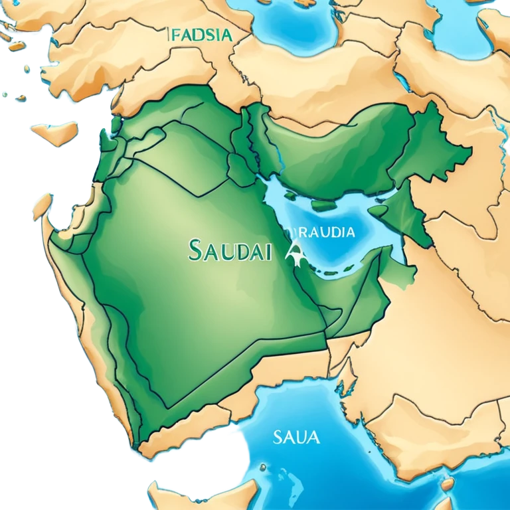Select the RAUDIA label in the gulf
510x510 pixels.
[x=321, y=232]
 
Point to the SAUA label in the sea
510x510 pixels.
[x=296, y=438]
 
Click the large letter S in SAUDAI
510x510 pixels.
[x=195, y=251]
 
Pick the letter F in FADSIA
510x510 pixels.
[x=175, y=35]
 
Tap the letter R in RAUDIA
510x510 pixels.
[x=296, y=232]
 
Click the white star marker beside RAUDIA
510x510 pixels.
[x=294, y=252]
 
